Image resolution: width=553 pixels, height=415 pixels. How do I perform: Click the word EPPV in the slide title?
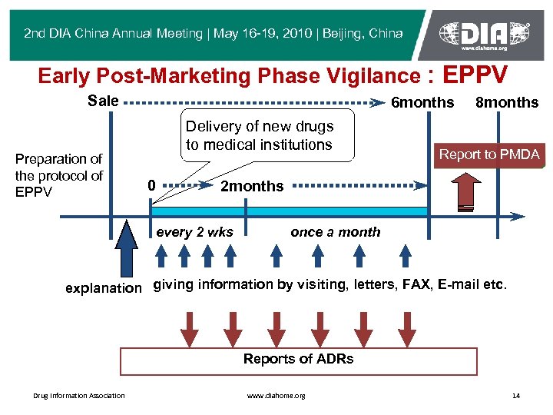[x=475, y=75]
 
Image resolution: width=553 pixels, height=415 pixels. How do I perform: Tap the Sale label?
[x=103, y=101]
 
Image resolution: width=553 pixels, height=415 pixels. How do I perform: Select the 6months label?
[x=422, y=102]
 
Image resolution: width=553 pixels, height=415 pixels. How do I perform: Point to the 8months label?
[x=507, y=102]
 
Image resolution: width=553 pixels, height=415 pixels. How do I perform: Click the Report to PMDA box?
[x=489, y=154]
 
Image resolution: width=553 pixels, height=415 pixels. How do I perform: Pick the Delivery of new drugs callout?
[x=260, y=135]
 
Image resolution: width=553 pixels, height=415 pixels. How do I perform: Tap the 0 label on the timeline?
[x=152, y=185]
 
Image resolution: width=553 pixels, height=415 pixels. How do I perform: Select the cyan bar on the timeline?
[x=288, y=211]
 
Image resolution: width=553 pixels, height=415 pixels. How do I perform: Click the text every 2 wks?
[x=194, y=232]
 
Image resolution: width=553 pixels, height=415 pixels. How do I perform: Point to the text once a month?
[x=335, y=232]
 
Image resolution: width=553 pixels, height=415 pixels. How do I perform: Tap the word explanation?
[x=104, y=288]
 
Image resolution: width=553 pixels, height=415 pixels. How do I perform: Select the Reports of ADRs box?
[x=299, y=360]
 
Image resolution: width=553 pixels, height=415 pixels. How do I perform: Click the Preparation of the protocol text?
[x=58, y=174]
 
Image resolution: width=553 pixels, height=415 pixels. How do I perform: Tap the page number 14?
[x=515, y=396]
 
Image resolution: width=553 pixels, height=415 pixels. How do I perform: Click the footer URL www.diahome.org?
[x=276, y=396]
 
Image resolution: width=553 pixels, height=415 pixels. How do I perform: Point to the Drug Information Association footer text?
[x=78, y=396]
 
